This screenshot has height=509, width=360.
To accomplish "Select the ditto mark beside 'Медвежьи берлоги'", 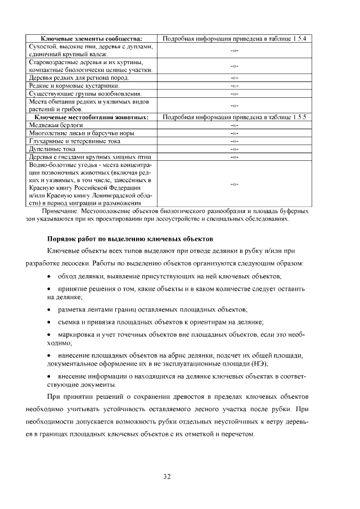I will pyautogui.click(x=235, y=125).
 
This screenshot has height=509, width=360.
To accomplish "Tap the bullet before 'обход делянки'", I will pyautogui.click(x=50, y=276).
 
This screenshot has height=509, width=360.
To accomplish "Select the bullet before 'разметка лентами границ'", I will pyautogui.click(x=50, y=309).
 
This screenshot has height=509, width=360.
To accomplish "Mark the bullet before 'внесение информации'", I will pyautogui.click(x=50, y=375).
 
